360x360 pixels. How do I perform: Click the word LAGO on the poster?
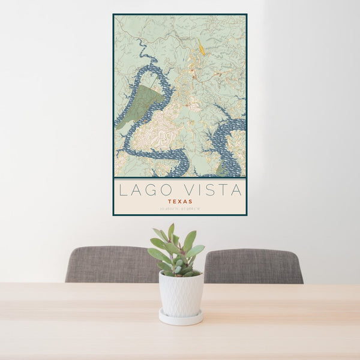[144, 191]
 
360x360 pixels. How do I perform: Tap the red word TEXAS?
[180, 202]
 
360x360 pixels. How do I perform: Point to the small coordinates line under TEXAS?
[180, 209]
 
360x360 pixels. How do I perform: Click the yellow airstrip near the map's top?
[202, 47]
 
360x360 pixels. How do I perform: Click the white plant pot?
[181, 294]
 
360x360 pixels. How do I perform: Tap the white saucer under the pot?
[181, 317]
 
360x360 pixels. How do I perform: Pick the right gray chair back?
[253, 266]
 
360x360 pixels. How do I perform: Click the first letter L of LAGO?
[122, 191]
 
